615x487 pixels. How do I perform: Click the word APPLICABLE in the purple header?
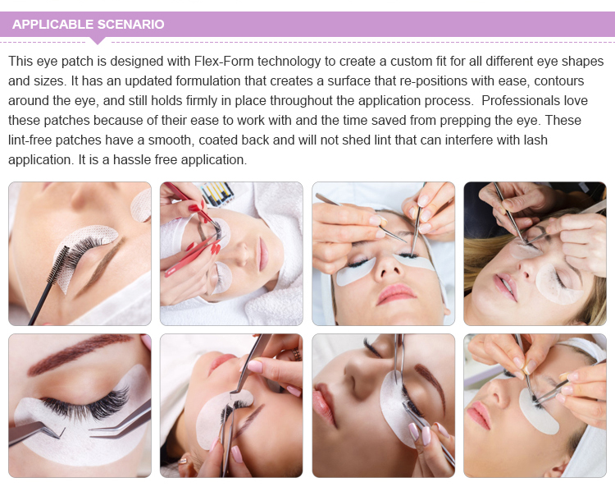click(53, 24)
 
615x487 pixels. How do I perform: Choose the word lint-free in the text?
click(34, 140)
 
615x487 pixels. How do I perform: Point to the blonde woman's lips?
click(506, 287)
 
